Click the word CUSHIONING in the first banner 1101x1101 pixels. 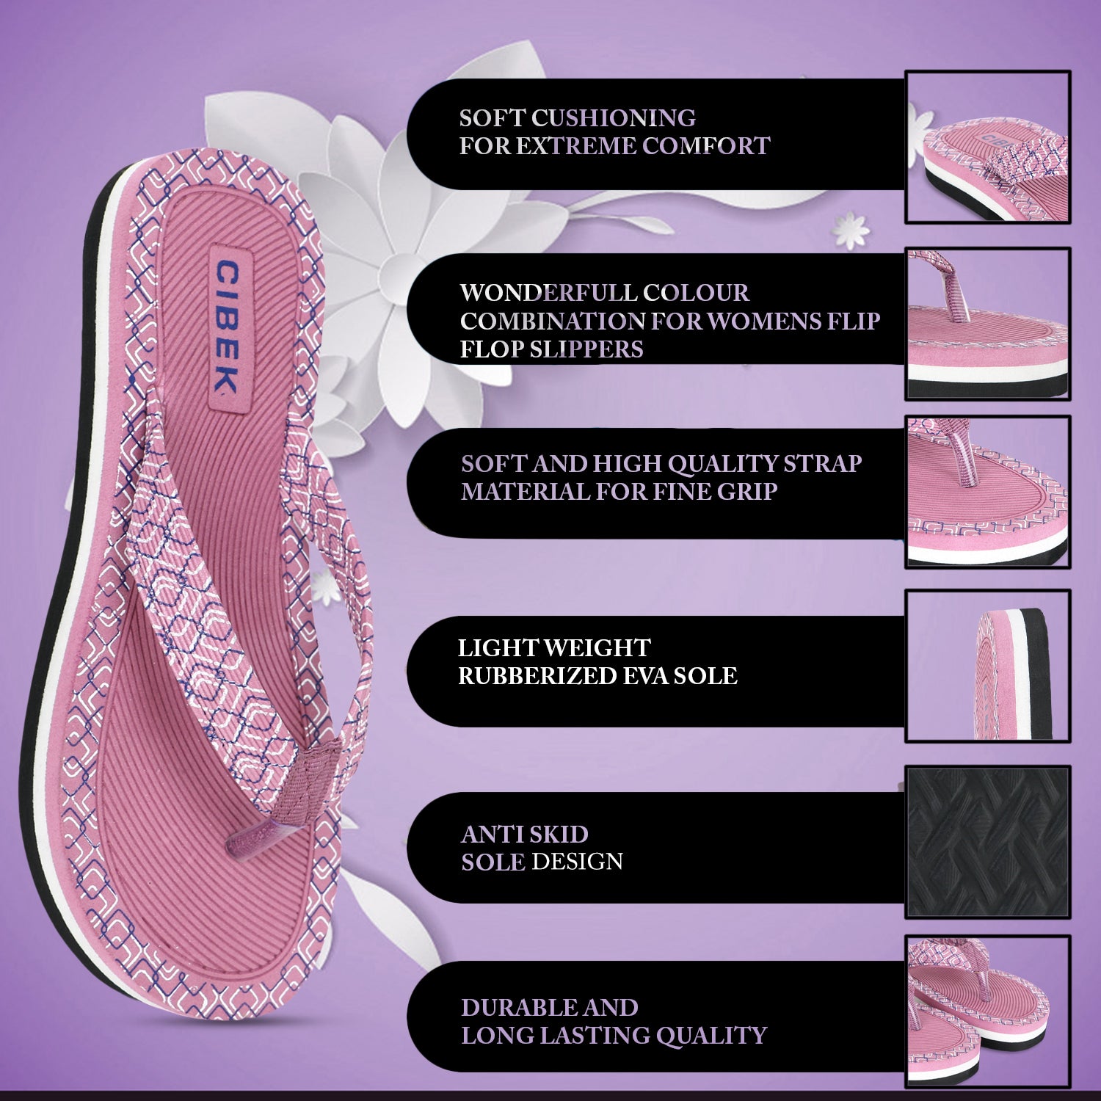pos(614,117)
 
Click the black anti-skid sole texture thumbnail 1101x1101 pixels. pos(988,842)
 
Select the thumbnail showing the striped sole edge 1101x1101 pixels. pos(988,666)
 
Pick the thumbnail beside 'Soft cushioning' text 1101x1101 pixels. pos(988,148)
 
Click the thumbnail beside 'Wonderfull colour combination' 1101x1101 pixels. pos(988,324)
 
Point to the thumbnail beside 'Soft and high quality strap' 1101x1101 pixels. pos(988,492)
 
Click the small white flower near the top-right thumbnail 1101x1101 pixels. pos(851,229)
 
